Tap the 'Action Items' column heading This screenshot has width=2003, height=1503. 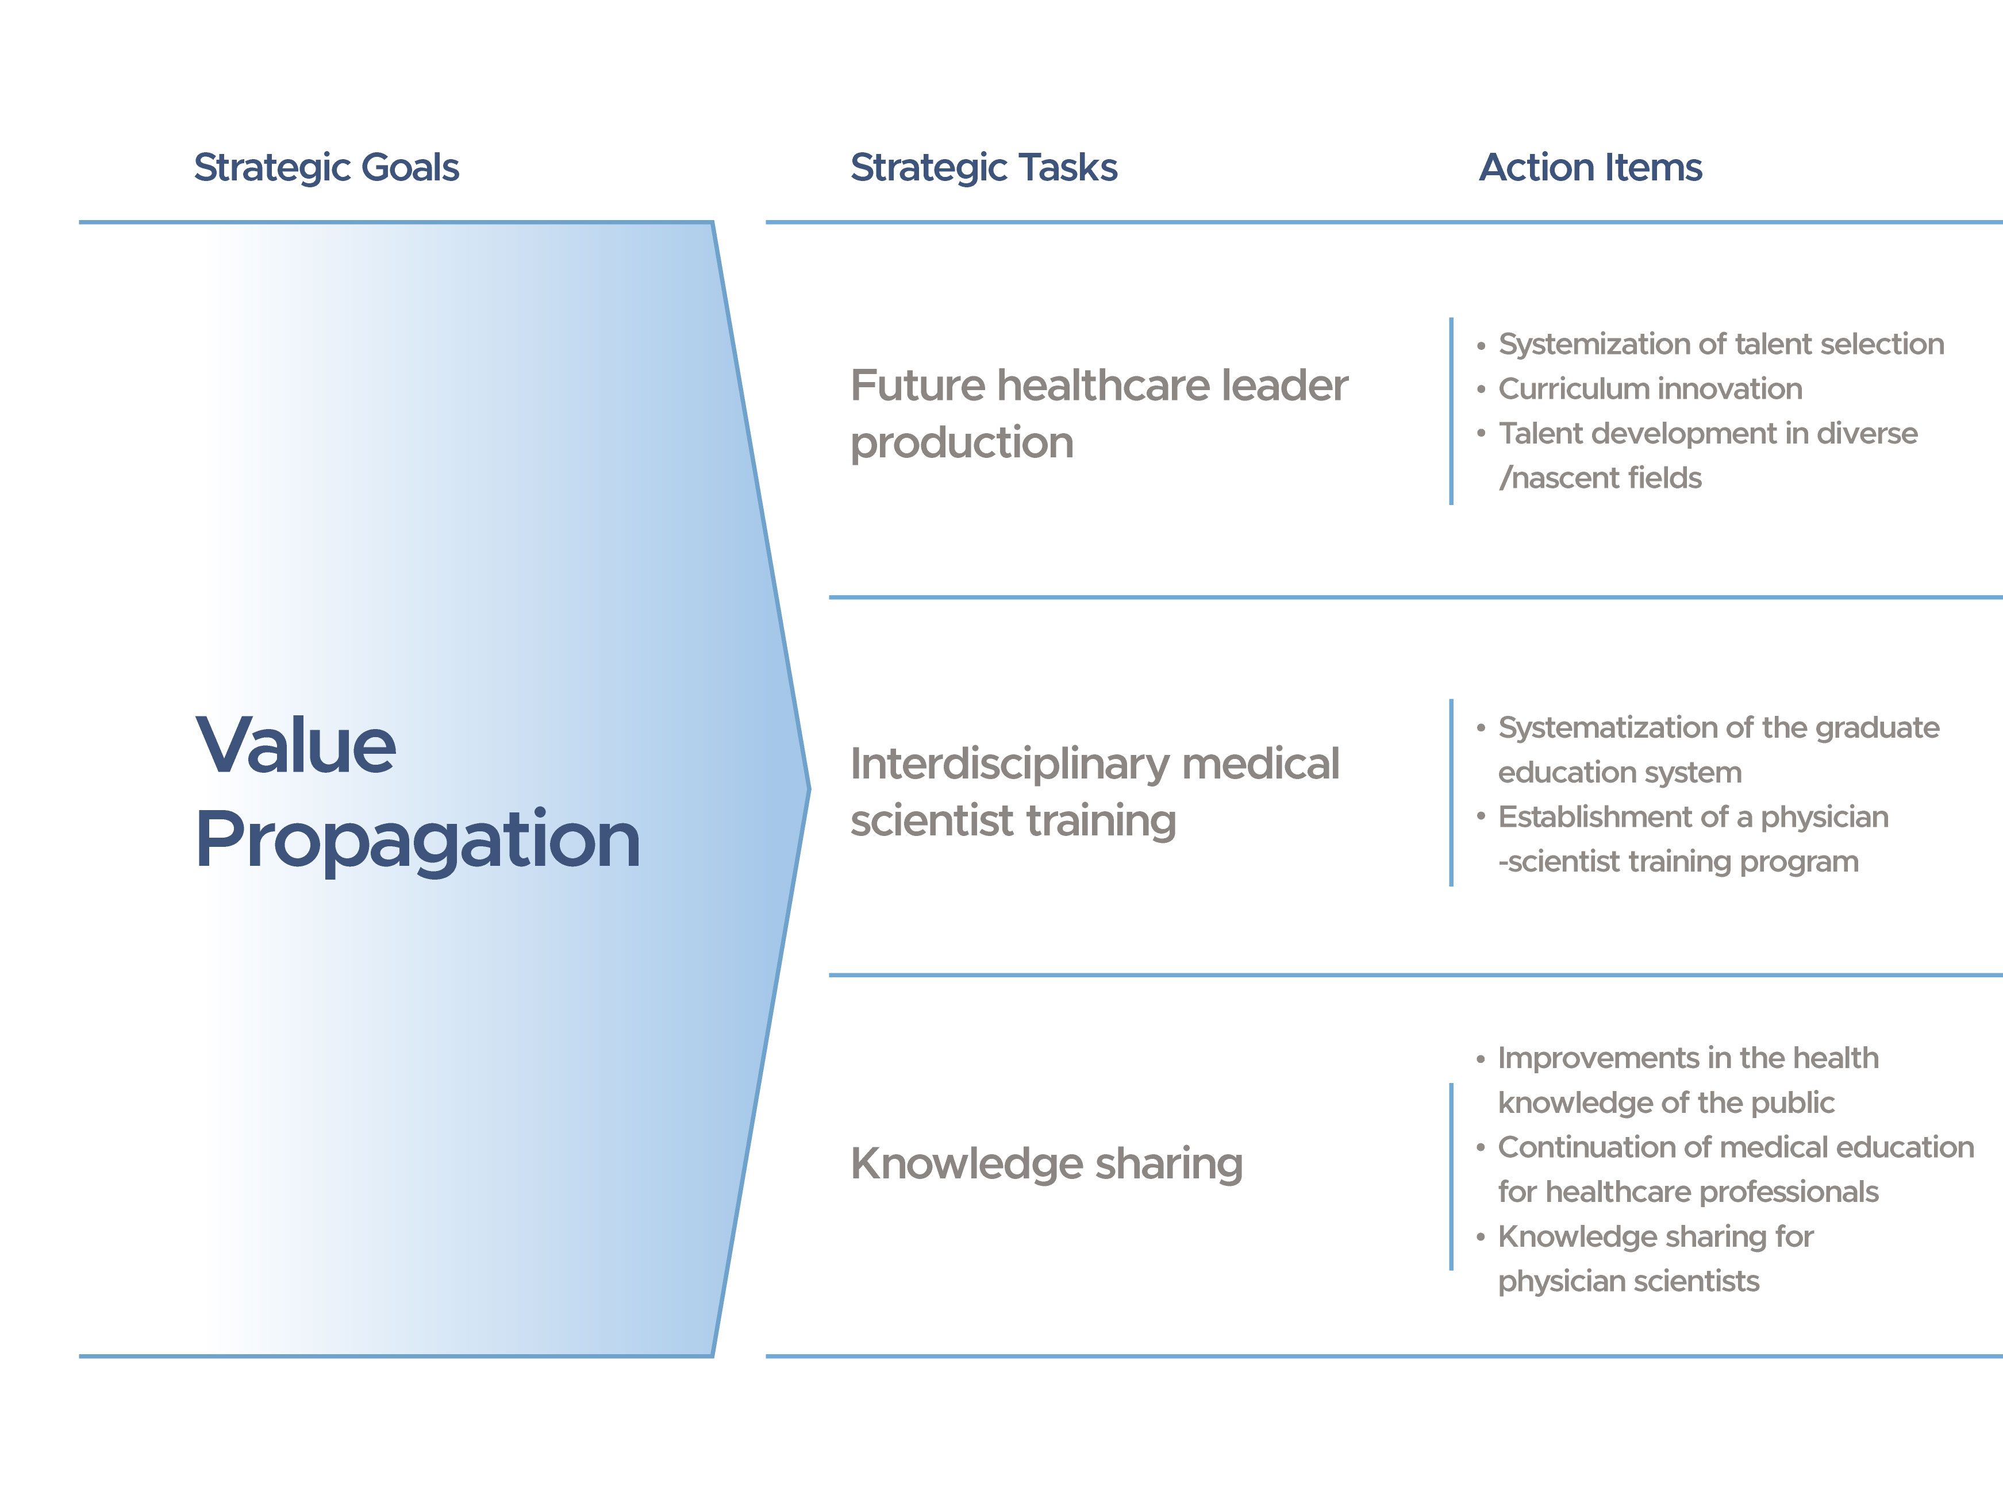pos(1590,168)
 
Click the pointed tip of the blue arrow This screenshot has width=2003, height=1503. pos(809,789)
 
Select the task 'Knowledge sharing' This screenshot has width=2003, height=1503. pos(1046,1165)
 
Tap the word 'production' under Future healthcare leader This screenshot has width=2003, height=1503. pos(962,444)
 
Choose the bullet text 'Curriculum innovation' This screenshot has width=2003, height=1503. pos(1650,388)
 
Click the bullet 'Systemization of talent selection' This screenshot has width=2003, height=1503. pos(1720,344)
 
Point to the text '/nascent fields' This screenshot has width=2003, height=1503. pos(1600,477)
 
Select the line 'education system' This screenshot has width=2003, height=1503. pos(1619,772)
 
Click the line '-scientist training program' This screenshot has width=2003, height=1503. pos(1678,862)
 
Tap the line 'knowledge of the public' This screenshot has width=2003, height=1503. pos(1666,1103)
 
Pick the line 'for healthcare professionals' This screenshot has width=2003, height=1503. pos(1688,1192)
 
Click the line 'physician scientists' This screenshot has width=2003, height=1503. pos(1628,1281)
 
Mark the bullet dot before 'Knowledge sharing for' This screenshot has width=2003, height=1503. pos(1481,1238)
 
